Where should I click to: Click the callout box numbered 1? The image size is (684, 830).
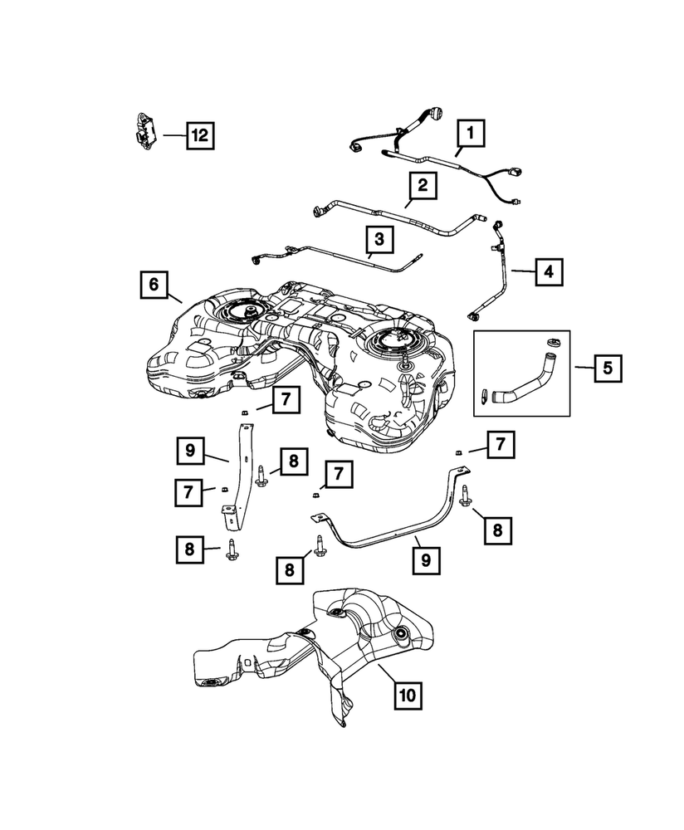coord(471,132)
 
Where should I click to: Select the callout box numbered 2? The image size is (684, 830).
coord(423,184)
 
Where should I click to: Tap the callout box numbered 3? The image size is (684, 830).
coord(379,241)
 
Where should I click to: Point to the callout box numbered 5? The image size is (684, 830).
coord(608,367)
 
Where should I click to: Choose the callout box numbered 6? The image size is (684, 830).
coord(154,284)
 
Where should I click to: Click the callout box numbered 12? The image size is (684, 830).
coord(199,134)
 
